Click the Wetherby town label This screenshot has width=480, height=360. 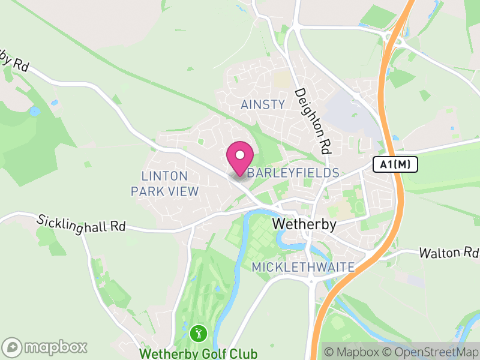(305, 224)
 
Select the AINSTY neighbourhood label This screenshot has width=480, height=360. (263, 104)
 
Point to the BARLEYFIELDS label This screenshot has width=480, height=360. (293, 173)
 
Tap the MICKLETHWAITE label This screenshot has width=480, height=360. (303, 266)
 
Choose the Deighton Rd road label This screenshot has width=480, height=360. (313, 120)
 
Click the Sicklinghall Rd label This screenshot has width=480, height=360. (81, 224)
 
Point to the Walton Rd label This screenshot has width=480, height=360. (448, 253)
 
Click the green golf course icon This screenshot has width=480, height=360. (198, 333)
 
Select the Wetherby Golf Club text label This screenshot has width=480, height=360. (198, 353)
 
